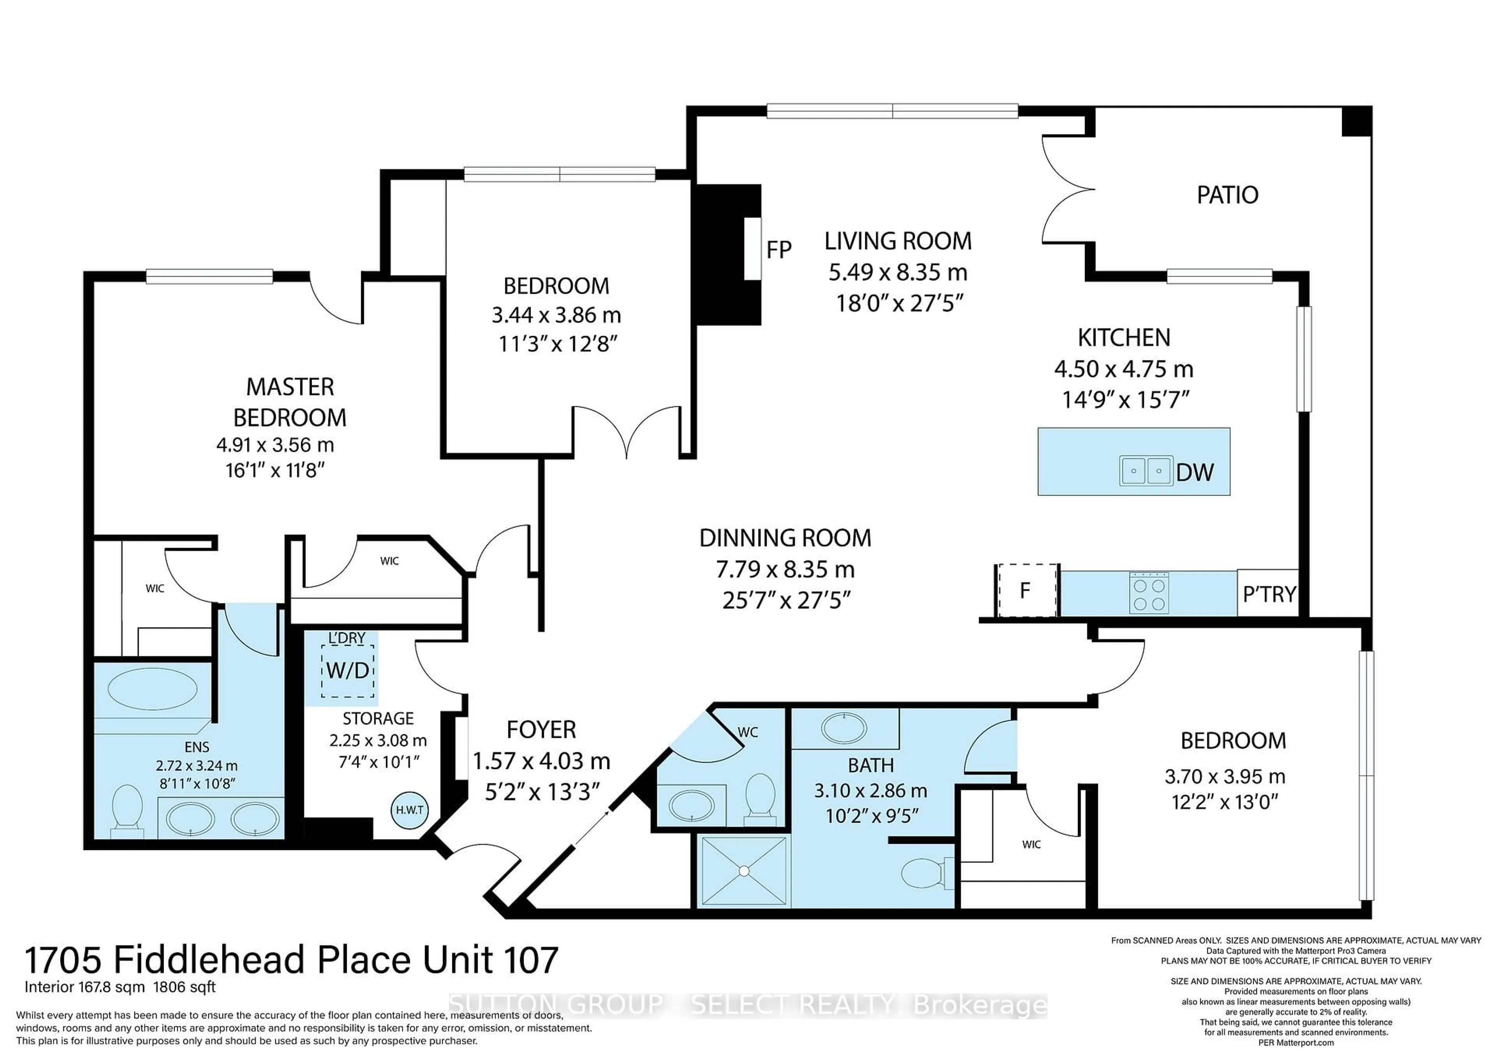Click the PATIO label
pos(1227,195)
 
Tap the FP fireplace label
pos(779,250)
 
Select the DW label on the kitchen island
pos(1195,472)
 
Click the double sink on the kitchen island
pos(1146,470)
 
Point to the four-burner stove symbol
pos(1149,593)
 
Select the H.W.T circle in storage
pos(410,810)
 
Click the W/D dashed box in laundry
pos(347,670)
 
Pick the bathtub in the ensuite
pos(152,691)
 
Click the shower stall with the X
pos(743,870)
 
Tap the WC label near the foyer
pos(747,732)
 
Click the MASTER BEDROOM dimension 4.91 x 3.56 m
pos(275,445)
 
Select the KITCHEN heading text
pos(1124,337)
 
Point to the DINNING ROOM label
pos(785,538)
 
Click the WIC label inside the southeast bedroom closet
pos(1032,844)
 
